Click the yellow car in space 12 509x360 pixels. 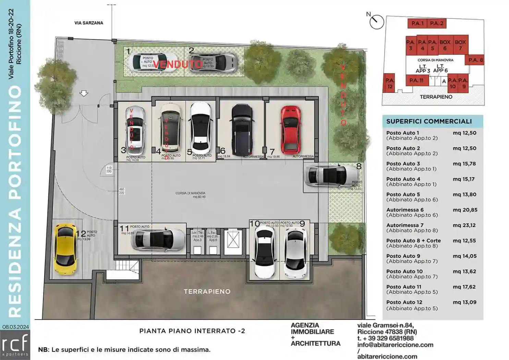tap(66, 249)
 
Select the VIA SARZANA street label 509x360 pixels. tap(89, 23)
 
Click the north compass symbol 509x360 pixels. tap(376, 22)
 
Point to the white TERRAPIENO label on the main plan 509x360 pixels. tap(207, 291)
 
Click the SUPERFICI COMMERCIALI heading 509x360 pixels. tap(429, 121)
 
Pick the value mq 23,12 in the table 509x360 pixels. tap(464, 225)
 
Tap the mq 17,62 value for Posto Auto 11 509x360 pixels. tap(464, 287)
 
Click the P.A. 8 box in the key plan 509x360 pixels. tap(475, 60)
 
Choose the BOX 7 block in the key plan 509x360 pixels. tap(460, 45)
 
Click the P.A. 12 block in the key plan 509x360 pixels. tap(389, 83)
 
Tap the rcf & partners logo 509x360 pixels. tap(15, 345)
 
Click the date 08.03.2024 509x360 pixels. tap(15, 327)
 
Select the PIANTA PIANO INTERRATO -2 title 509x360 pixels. tap(192, 331)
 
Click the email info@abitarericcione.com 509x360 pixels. tap(395, 345)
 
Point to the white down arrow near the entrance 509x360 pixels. tap(84, 93)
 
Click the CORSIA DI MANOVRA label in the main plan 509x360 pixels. tap(190, 193)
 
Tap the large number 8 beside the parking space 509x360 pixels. tap(359, 166)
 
